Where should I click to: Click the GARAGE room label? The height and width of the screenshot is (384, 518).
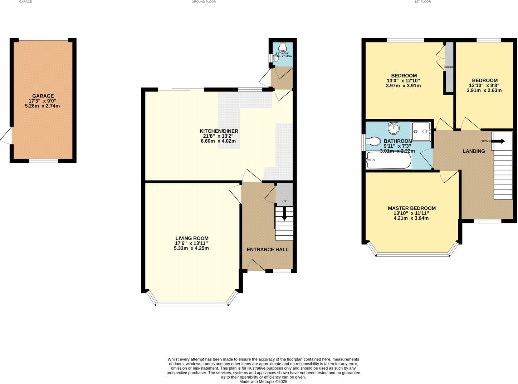[43, 96]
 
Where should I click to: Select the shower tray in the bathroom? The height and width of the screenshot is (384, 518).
[421, 131]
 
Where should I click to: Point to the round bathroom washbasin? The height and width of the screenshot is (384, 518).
[394, 127]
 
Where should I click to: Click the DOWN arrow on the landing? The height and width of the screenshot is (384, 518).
[498, 141]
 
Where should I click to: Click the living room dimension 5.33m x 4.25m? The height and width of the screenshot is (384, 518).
[191, 248]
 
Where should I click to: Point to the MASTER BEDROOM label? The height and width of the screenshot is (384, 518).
[411, 208]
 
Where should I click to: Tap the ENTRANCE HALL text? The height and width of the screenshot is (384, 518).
[268, 250]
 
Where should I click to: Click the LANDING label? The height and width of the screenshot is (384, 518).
[474, 151]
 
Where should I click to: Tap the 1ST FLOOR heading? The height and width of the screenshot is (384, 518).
[422, 2]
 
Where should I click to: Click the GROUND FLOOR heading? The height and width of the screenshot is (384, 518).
[204, 2]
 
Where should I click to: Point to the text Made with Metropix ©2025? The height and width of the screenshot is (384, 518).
[263, 381]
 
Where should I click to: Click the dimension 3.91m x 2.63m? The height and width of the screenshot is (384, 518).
[484, 90]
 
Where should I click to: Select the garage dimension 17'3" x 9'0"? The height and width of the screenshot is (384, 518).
[43, 101]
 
